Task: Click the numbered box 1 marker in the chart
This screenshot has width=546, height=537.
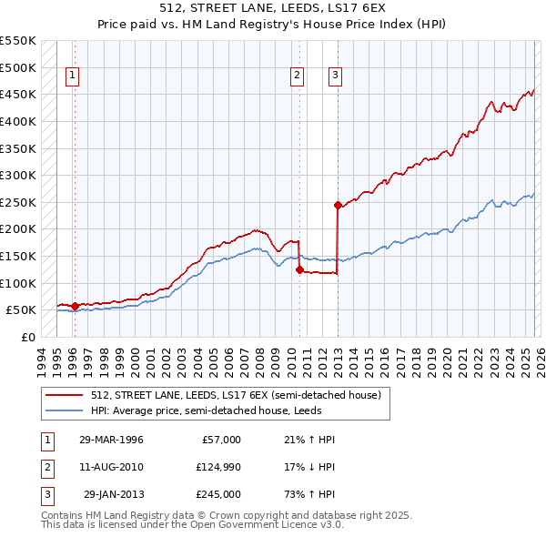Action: tap(71, 76)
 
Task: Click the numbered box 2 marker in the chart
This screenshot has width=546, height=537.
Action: tap(297, 76)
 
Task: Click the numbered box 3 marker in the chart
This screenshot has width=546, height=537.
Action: tap(335, 76)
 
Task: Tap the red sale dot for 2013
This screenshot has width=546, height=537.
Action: tap(338, 206)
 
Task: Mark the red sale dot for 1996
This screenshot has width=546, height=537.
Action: tap(75, 306)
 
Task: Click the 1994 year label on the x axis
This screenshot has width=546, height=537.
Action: tap(41, 360)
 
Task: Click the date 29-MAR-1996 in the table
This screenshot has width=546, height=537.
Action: tap(111, 440)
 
